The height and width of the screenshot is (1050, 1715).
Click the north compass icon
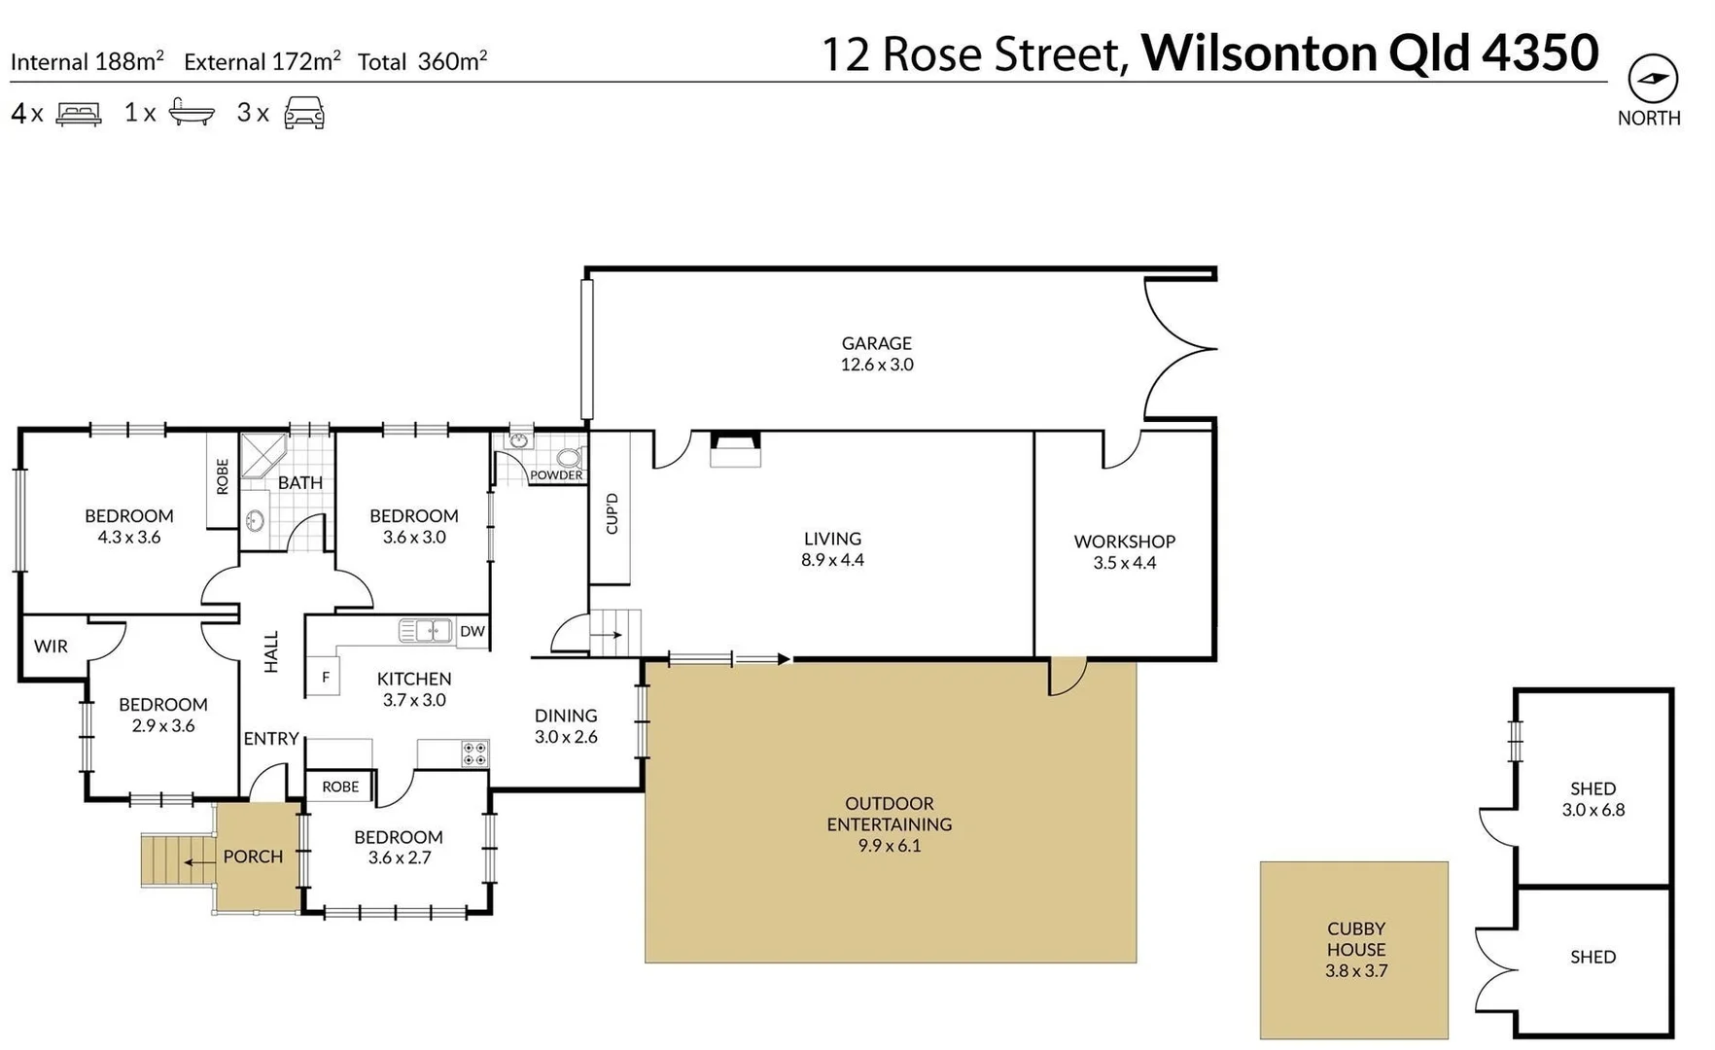click(1653, 79)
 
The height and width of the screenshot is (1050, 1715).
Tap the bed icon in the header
click(79, 114)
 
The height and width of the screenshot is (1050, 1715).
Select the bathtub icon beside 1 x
click(192, 112)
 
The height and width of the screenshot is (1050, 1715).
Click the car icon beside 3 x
click(304, 113)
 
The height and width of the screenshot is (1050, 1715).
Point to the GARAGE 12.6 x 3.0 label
click(876, 354)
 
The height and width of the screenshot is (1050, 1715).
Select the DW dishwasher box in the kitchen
click(472, 631)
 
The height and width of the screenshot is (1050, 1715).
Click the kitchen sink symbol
click(426, 631)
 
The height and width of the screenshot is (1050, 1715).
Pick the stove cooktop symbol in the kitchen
click(475, 753)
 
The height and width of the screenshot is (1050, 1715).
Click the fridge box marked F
click(326, 677)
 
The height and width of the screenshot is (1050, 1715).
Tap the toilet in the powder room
click(569, 458)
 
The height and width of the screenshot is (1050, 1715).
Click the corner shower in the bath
click(262, 455)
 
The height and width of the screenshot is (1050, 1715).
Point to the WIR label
click(51, 646)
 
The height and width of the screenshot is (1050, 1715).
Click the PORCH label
click(253, 857)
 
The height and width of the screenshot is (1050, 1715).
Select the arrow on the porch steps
click(200, 862)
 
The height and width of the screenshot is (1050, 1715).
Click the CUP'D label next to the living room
click(612, 513)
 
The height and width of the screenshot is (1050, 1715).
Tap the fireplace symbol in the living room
click(735, 450)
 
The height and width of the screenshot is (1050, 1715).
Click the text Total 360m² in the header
click(422, 61)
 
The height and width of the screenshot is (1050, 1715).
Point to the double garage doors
click(1179, 348)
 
